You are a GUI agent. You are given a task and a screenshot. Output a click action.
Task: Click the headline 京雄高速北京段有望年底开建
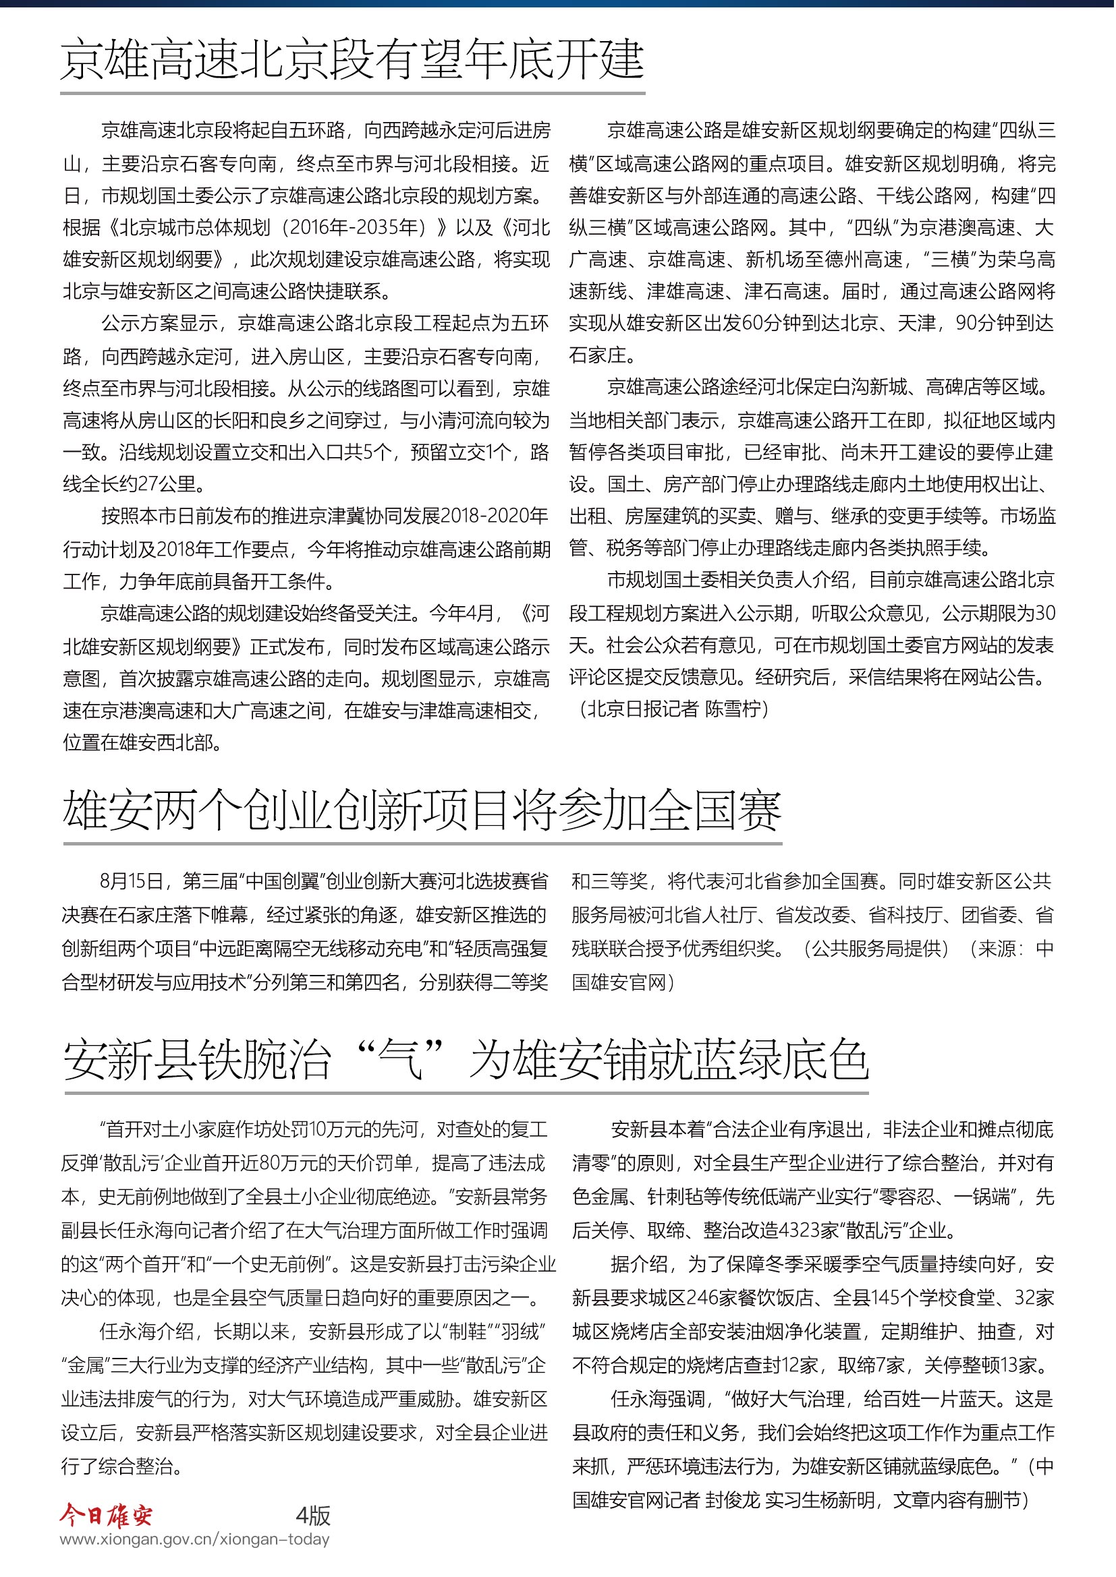pos(352,61)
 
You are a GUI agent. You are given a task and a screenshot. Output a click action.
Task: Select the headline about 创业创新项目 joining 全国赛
pos(422,810)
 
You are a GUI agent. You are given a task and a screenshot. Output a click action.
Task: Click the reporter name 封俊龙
pos(733,1499)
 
